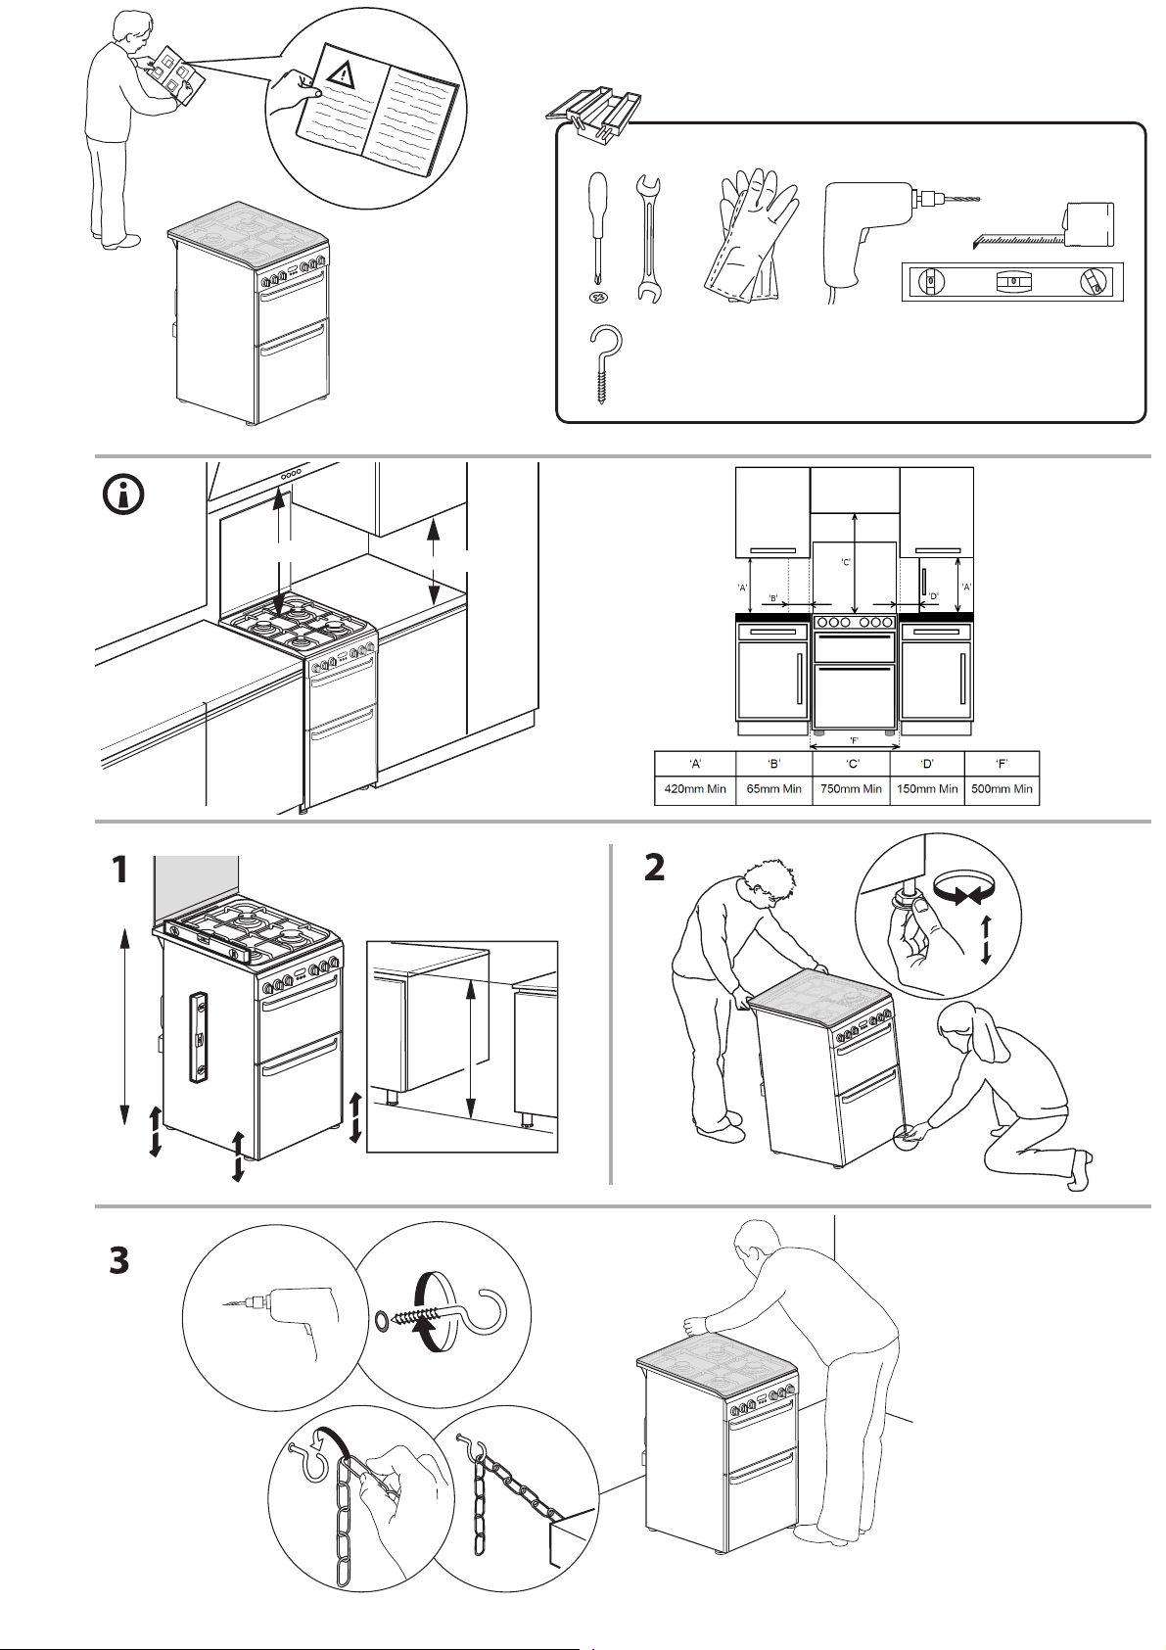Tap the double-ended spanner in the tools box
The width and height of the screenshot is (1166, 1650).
tap(647, 239)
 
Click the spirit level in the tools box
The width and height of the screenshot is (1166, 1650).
tap(1013, 281)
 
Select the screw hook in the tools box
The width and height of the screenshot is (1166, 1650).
tap(606, 362)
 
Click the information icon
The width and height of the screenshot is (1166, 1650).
tap(123, 495)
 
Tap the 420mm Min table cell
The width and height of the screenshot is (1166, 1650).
tap(694, 789)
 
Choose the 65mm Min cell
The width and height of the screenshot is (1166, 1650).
tap(773, 789)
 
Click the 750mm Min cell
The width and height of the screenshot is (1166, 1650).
tap(851, 789)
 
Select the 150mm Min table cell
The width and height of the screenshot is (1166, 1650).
tap(926, 789)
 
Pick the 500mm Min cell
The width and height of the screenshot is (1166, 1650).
tap(1002, 789)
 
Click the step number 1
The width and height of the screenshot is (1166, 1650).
tap(119, 870)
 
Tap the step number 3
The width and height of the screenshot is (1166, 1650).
tap(119, 1260)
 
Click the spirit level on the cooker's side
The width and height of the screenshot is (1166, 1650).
tap(199, 1039)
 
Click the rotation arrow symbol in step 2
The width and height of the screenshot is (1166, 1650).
tap(963, 890)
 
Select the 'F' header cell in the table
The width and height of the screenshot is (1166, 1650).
tap(1002, 763)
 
